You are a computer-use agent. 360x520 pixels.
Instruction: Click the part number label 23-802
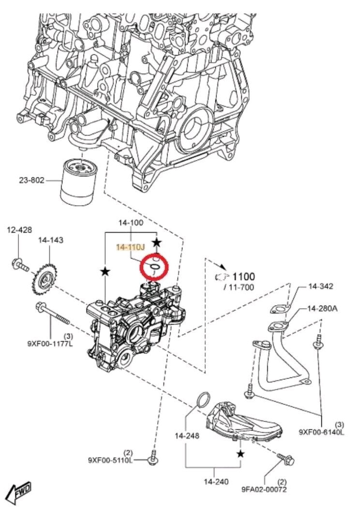[31, 180]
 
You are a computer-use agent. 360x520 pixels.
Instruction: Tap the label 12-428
[19, 230]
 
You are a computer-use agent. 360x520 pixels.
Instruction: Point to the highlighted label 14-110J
[130, 247]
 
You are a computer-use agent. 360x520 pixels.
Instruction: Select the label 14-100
[131, 223]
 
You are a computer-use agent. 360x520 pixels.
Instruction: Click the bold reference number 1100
[243, 277]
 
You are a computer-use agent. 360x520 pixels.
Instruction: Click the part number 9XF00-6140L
[321, 432]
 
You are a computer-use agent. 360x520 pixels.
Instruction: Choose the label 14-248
[187, 435]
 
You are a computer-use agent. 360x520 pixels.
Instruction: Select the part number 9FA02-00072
[264, 489]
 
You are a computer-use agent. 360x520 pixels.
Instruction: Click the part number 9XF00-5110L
[110, 459]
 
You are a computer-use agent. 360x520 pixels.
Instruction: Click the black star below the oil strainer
[240, 454]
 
